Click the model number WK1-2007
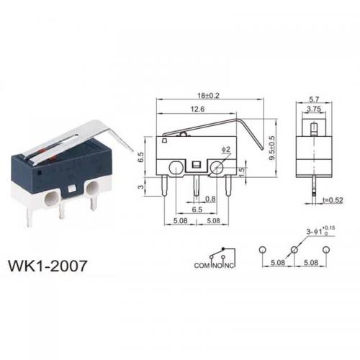48,266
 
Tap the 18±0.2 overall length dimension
208,96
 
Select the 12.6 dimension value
197,109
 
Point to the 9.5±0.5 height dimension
272,148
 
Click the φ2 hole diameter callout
226,150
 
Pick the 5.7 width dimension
314,99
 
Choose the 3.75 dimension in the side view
314,109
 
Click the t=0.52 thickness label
333,200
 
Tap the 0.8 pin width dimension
210,199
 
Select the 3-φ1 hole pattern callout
320,231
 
